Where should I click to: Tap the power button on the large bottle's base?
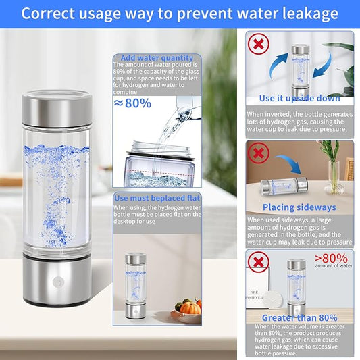tap(57, 282)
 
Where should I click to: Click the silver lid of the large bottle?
tap(57, 108)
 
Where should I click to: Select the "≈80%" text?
tap(132, 103)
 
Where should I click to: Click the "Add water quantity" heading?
tap(157, 58)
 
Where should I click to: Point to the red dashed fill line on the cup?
tap(159, 172)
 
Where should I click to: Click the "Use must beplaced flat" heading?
tap(157, 198)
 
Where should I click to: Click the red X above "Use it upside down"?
tap(259, 44)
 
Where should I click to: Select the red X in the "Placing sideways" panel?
tap(259, 153)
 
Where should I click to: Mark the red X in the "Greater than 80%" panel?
tap(259, 262)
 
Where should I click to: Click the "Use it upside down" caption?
tap(299, 98)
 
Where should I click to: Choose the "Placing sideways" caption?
tap(299, 207)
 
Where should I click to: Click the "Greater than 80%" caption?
tap(300, 317)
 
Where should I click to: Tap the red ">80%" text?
tap(331, 259)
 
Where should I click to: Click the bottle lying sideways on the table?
tap(284, 186)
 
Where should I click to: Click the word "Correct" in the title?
tap(48, 14)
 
